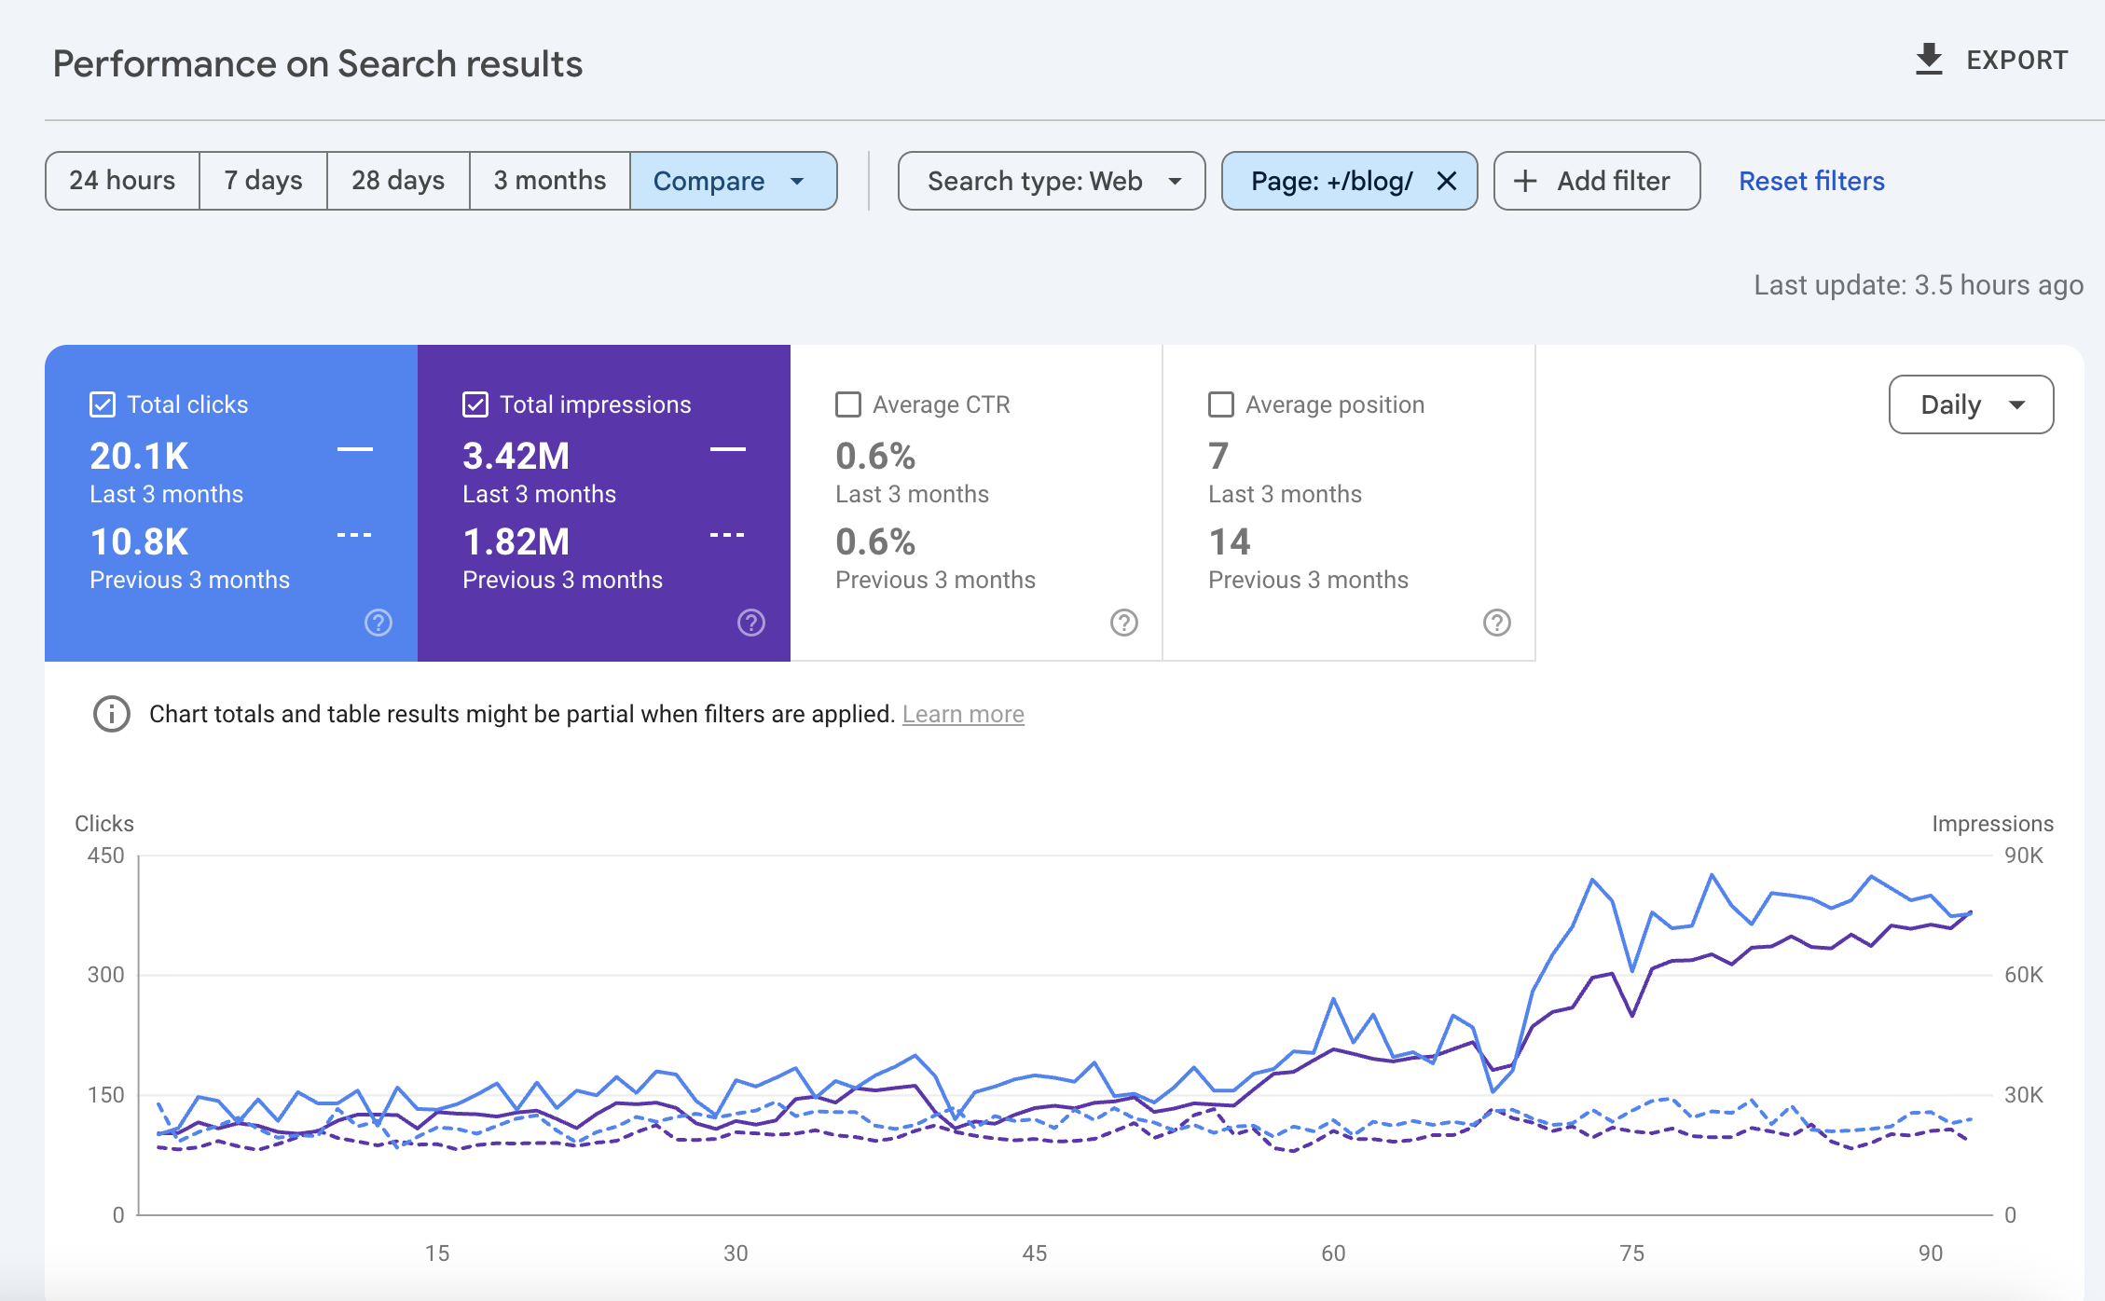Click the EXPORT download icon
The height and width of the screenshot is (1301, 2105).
pyautogui.click(x=1929, y=60)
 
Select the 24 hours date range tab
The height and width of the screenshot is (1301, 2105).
pyautogui.click(x=122, y=181)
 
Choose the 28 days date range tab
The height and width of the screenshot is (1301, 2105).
pyautogui.click(x=398, y=181)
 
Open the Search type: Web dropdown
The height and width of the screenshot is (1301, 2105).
pyautogui.click(x=1051, y=181)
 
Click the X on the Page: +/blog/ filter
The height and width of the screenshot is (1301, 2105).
pyautogui.click(x=1446, y=181)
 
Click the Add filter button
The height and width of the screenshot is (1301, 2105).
pyautogui.click(x=1596, y=181)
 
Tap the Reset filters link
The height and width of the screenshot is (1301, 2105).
pyautogui.click(x=1811, y=181)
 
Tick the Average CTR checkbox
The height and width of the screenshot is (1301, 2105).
pyautogui.click(x=848, y=404)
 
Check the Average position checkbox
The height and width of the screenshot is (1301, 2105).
pyautogui.click(x=1221, y=404)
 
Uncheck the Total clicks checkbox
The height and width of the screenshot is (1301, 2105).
pyautogui.click(x=103, y=404)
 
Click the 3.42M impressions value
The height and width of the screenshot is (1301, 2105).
pyautogui.click(x=516, y=457)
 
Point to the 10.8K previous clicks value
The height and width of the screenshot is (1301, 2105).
pyautogui.click(x=139, y=542)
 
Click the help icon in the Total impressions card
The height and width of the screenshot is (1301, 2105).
pyautogui.click(x=751, y=623)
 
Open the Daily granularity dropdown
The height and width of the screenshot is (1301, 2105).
pyautogui.click(x=1971, y=404)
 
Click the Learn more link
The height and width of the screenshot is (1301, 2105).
pyautogui.click(x=963, y=714)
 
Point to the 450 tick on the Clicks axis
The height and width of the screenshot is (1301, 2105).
pyautogui.click(x=105, y=856)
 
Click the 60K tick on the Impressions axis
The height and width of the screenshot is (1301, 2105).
pyautogui.click(x=2023, y=975)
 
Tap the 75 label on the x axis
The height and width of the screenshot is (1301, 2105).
pyautogui.click(x=1631, y=1253)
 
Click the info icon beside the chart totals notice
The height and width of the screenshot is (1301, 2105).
pyautogui.click(x=112, y=714)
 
